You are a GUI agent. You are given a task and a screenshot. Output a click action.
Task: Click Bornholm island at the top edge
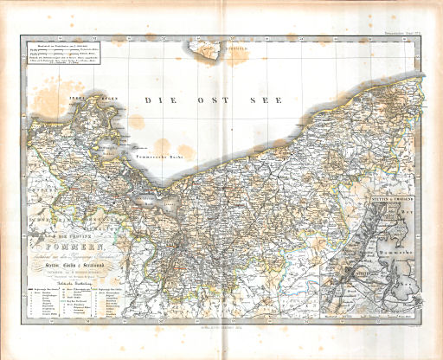click(x=212, y=55)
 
